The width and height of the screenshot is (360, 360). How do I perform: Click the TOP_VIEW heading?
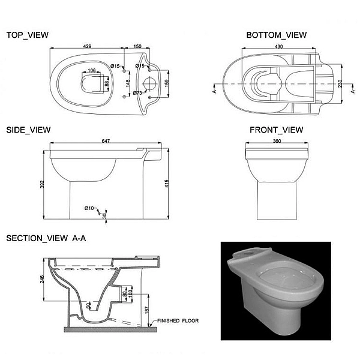point(28,35)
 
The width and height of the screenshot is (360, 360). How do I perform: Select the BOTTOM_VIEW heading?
point(277,35)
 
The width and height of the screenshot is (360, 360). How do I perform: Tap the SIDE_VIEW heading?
point(28,130)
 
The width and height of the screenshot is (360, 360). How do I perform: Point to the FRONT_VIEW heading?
point(277,130)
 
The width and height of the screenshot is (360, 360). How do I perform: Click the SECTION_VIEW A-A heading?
point(46,238)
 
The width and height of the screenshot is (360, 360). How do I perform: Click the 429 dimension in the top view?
point(87,46)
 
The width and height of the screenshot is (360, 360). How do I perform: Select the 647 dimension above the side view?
point(106,141)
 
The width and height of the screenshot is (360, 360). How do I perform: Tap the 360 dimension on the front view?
point(277,141)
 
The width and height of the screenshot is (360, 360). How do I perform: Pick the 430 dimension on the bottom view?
point(278,46)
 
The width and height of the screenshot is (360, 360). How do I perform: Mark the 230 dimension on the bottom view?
point(340,83)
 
